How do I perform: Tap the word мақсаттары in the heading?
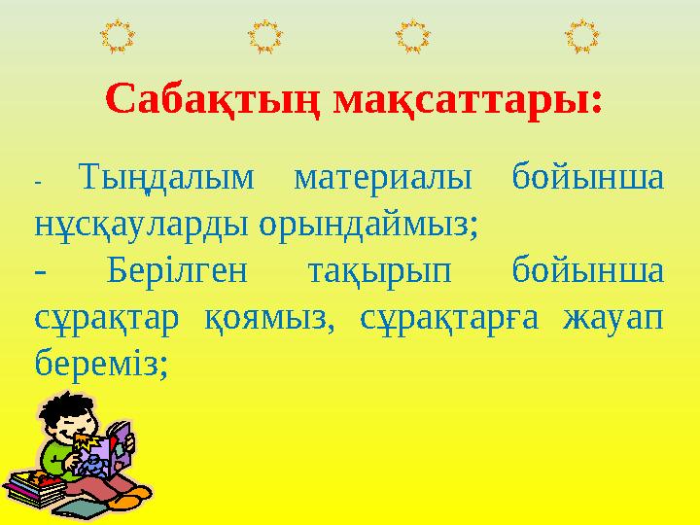466,99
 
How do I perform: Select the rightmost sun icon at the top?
581,36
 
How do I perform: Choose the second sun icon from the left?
264,36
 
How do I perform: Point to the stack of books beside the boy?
36,486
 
